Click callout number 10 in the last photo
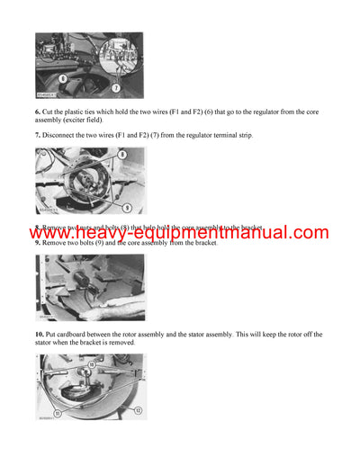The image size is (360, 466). click(91, 365)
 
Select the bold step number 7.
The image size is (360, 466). click(39, 135)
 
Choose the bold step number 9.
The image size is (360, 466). click(39, 244)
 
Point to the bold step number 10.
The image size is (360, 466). click(41, 335)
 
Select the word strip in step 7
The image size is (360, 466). click(245, 135)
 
